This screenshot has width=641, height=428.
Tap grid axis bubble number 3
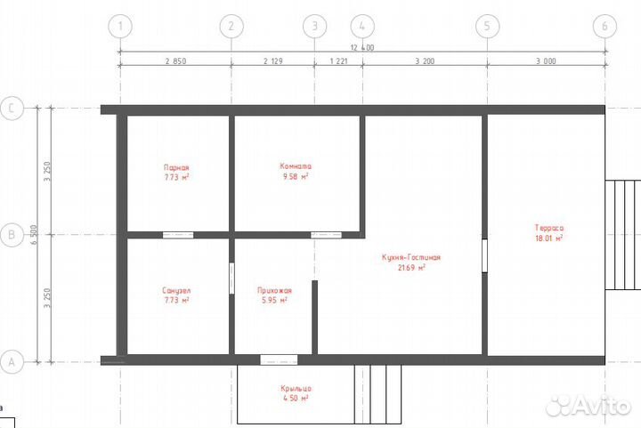tap(314, 26)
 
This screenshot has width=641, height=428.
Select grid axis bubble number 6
tap(604, 26)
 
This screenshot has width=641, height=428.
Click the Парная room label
tap(176, 166)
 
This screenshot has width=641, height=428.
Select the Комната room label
tap(295, 166)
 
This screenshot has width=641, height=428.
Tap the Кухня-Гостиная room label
tap(411, 257)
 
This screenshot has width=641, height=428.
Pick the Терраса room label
tap(549, 228)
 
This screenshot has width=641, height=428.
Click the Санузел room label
tap(176, 290)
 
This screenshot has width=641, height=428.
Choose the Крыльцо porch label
tap(294, 388)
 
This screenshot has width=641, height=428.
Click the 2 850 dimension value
tap(175, 61)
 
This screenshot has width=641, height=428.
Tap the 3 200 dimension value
tap(424, 61)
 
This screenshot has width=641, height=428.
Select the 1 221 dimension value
tap(338, 61)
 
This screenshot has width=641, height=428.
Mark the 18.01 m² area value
tap(549, 238)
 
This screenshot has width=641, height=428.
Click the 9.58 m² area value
tap(295, 177)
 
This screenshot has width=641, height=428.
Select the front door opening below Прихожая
tap(279, 360)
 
